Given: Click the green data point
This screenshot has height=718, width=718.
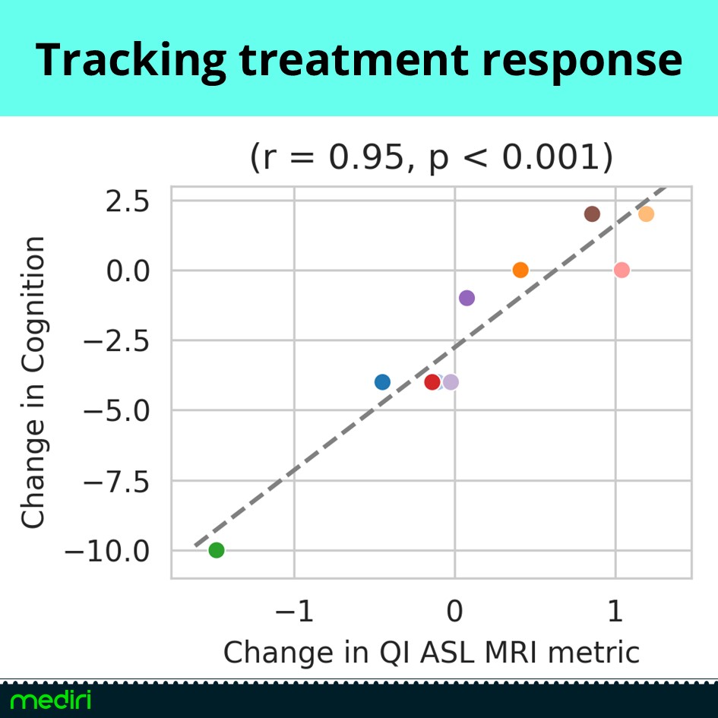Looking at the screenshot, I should (x=217, y=550).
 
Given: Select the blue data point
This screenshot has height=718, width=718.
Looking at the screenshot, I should (x=382, y=382).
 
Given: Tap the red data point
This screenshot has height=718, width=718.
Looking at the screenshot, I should (x=432, y=382).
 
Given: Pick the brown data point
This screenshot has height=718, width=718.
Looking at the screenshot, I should (x=592, y=214).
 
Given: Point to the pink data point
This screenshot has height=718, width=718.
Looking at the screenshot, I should (x=622, y=270).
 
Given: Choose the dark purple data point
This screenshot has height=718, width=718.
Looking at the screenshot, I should (x=467, y=298).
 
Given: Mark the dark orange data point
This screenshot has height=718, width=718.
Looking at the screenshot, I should (x=520, y=270).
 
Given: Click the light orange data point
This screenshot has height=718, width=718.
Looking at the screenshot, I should (x=646, y=214).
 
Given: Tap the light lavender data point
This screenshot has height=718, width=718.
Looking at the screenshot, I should (x=451, y=382).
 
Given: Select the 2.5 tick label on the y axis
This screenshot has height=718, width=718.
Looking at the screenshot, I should (x=129, y=202).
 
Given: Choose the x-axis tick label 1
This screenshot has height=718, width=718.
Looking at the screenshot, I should (x=614, y=611).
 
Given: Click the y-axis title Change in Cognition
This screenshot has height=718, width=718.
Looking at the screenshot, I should (x=33, y=382).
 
